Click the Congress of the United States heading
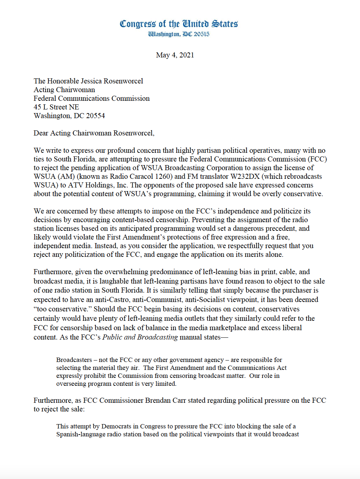[179, 24]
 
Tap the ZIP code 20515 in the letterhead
[201, 34]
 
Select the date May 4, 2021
[175, 55]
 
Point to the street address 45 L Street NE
[56, 107]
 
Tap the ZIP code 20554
[95, 116]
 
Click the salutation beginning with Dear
[94, 133]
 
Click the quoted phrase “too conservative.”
[63, 309]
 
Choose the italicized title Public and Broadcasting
[140, 337]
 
